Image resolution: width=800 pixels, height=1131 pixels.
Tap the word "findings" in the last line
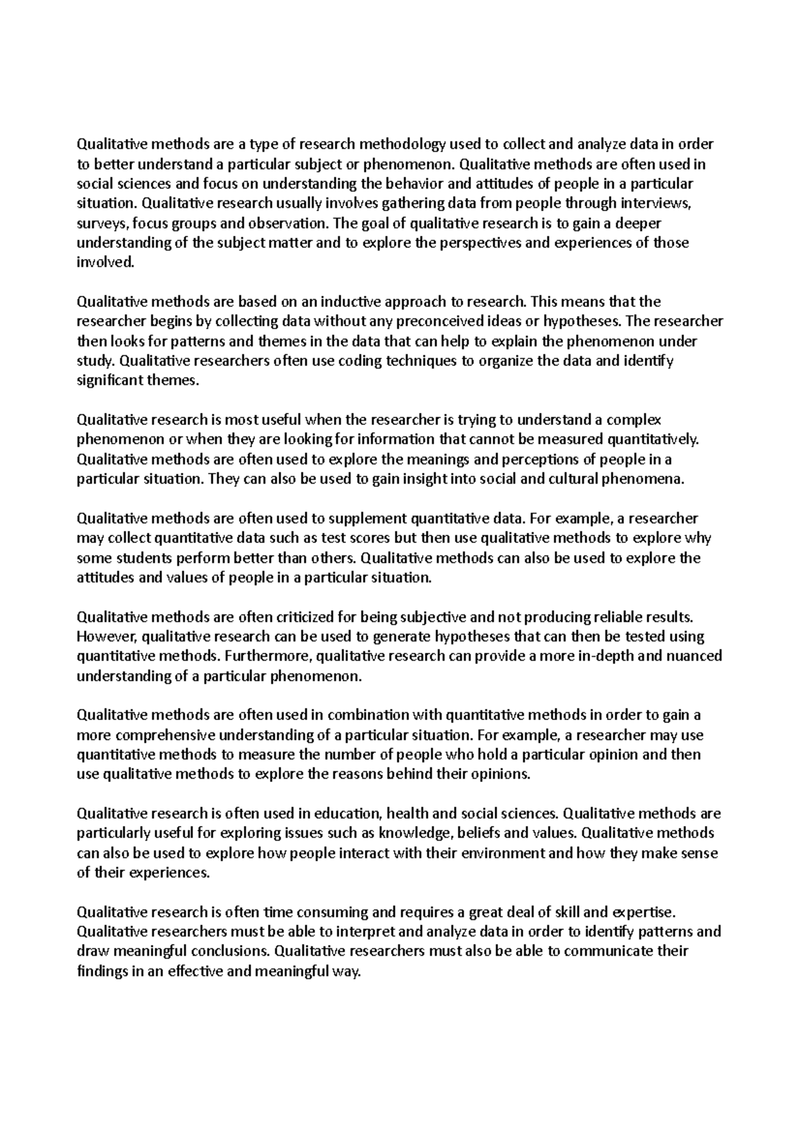(x=102, y=972)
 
